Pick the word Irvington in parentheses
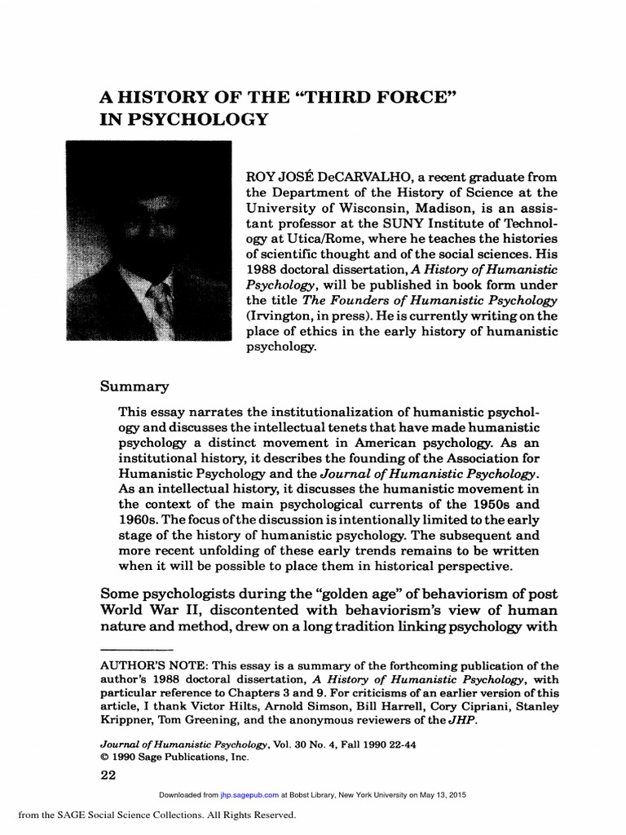coord(282,315)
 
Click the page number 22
coord(108,775)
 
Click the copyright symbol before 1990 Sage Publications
coord(102,757)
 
